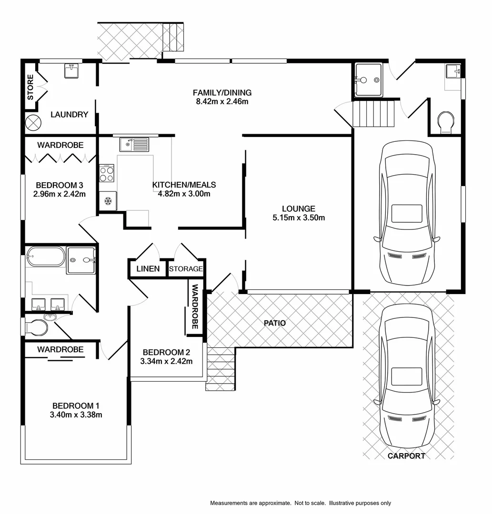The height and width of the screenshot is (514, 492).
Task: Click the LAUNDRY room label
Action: point(70,115)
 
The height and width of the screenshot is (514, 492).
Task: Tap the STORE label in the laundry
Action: point(30,87)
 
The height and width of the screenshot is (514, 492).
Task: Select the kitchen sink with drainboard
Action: point(134,144)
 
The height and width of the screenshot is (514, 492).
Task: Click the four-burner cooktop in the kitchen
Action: point(107,173)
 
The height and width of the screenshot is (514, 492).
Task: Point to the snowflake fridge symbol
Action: point(108,201)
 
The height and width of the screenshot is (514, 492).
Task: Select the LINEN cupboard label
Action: point(148,269)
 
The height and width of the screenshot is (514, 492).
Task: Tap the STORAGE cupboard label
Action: point(186,269)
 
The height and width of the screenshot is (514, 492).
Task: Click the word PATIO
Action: point(275,323)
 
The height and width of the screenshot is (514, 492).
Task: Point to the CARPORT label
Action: point(406,456)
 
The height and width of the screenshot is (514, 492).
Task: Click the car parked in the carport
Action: point(407,376)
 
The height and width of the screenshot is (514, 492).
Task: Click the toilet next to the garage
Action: point(446,122)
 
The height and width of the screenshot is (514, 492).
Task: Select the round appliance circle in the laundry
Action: point(34,122)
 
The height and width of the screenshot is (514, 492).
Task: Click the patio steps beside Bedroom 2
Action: point(221,369)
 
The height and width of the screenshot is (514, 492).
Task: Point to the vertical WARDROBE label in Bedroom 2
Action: point(195,307)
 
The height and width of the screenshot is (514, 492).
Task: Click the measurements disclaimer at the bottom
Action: point(301,503)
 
